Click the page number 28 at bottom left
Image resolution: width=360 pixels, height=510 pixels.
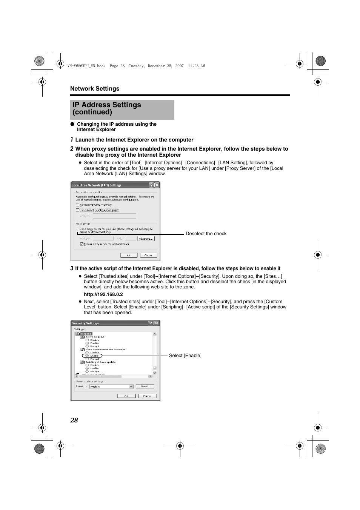(74, 420)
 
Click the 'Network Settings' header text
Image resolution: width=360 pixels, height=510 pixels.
(95, 89)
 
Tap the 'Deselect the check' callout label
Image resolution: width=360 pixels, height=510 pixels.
(206, 234)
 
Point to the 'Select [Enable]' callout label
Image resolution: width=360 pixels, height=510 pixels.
(185, 356)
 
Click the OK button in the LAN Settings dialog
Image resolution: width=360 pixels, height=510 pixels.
(129, 255)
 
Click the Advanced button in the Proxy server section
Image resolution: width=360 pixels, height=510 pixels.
(146, 239)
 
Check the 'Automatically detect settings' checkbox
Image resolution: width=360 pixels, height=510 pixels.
(78, 205)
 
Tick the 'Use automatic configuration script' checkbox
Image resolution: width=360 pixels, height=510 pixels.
(78, 210)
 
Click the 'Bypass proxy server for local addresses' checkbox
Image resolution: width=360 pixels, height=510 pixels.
(82, 244)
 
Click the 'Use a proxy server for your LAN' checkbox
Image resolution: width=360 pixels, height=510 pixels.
(78, 230)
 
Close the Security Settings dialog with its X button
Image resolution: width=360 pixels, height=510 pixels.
(156, 323)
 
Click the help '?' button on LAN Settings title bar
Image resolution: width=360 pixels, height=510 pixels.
(151, 185)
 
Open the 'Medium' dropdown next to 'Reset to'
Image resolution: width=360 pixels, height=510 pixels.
(131, 387)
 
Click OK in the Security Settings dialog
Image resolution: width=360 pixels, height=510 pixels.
(126, 396)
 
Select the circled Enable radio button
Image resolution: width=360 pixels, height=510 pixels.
(87, 356)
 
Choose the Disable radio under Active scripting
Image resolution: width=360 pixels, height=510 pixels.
(87, 340)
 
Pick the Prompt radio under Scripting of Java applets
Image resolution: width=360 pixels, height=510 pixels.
(87, 371)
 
